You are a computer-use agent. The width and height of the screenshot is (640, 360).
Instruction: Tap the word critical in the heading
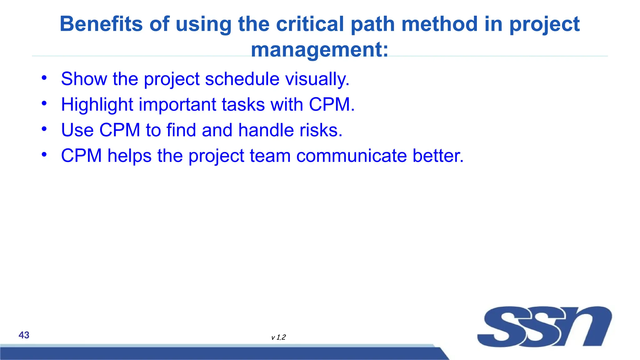[x=310, y=24]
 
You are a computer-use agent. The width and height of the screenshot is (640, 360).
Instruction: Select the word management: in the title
[x=320, y=50]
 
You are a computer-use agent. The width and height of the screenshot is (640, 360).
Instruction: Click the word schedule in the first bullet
[x=242, y=79]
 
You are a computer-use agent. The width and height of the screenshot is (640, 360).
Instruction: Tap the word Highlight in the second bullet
[x=97, y=104]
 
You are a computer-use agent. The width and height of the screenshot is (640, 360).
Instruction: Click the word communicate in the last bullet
[x=352, y=156]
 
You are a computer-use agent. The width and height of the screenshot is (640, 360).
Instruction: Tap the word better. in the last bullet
[x=438, y=156]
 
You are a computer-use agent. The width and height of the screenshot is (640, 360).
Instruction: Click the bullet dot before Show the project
[x=44, y=77]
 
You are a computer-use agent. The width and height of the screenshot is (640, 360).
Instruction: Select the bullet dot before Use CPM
[x=44, y=129]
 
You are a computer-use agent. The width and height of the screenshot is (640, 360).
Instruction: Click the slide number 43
[x=24, y=335]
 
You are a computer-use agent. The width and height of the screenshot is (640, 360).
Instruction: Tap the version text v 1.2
[x=278, y=337]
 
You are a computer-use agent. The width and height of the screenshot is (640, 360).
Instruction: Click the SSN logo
[x=544, y=327]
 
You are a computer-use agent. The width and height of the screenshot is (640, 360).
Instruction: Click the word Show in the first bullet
[x=84, y=79]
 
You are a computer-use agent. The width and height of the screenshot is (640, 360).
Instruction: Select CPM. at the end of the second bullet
[x=332, y=104]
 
